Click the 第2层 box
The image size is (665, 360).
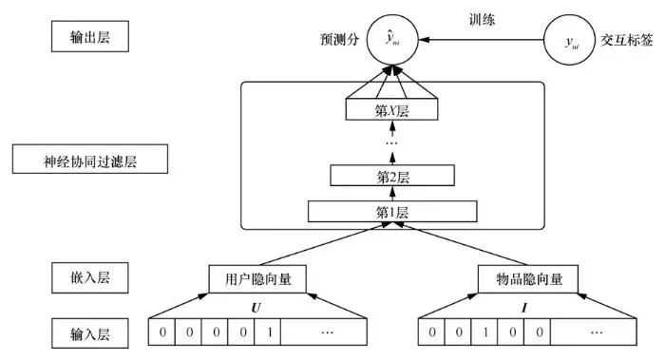[391, 175]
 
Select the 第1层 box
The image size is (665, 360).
[391, 211]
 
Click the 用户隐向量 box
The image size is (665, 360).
[248, 279]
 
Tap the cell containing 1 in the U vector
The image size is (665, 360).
[270, 332]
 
